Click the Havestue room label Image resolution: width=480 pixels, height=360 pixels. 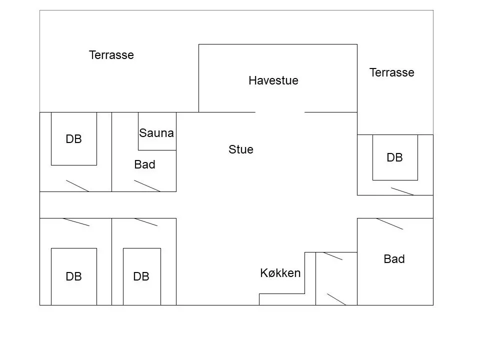273,80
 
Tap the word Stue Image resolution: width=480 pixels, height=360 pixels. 241,149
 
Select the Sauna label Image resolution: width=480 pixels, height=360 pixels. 156,133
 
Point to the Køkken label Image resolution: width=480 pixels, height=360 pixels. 280,273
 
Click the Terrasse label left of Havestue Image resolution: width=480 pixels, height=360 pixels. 111,55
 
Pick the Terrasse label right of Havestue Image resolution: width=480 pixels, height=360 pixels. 392,72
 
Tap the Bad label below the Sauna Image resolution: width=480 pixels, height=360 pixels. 145,164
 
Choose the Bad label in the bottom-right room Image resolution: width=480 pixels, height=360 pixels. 394,259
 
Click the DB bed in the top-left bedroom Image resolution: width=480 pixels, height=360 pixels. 74,138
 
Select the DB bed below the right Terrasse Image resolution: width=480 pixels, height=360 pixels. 395,157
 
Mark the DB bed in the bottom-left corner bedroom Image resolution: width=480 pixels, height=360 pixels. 74,276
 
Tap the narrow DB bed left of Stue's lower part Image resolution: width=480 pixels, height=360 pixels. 141,276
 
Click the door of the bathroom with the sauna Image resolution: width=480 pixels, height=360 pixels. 147,186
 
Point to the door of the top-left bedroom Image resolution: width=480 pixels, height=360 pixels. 77,186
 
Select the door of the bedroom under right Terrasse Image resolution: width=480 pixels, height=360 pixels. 402,191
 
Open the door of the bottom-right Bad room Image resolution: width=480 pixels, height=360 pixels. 389,224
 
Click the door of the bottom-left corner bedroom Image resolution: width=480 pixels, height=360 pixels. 76,222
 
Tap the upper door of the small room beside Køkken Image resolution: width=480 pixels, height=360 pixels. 333,256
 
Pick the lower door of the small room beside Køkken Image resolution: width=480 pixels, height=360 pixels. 336,299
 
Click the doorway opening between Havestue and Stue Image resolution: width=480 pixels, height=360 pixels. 280,112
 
